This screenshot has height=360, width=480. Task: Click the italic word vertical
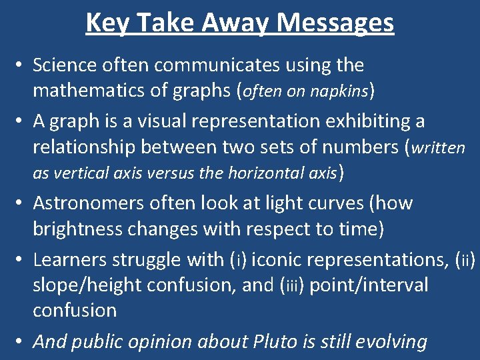(83, 173)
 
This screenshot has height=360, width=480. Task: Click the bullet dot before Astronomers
(21, 203)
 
